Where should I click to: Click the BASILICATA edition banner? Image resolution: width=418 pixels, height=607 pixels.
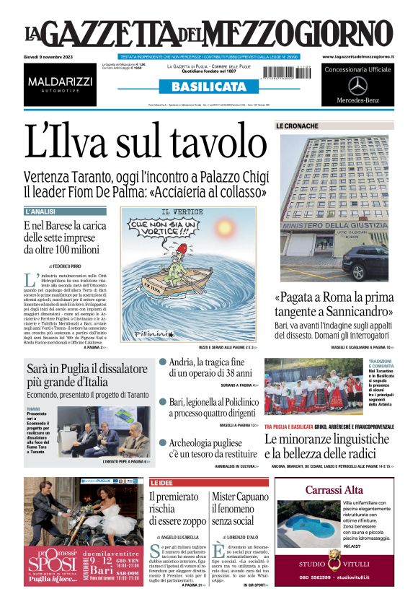coord(208,87)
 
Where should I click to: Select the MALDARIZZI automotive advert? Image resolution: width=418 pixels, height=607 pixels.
coord(61,84)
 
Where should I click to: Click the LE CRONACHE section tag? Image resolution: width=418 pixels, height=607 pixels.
coord(297,126)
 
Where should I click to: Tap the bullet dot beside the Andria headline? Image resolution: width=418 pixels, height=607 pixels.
coord(163,362)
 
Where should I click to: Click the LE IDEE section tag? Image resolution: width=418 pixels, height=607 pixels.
coord(162,481)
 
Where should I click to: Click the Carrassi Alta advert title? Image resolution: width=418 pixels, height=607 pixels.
coord(334,490)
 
